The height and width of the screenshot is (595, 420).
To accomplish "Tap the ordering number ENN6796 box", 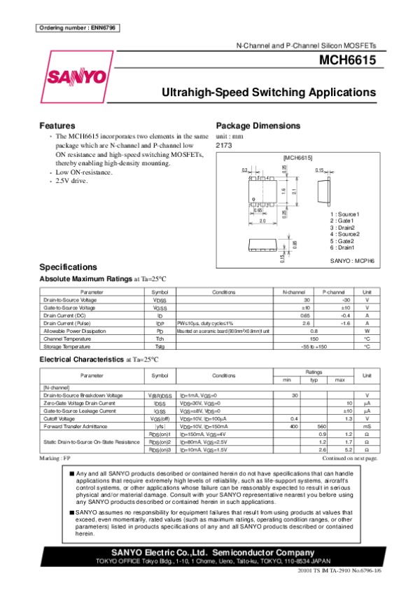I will (x=77, y=27).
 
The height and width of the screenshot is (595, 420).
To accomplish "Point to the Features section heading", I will (x=57, y=125).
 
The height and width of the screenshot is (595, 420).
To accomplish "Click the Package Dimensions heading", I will (x=258, y=125).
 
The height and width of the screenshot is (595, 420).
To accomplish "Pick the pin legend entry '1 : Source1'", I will (x=344, y=214).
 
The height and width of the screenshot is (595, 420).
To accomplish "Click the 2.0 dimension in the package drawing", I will (x=262, y=221).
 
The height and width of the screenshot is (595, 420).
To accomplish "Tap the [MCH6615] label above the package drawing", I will (x=297, y=158).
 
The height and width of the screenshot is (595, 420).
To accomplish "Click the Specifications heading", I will (x=68, y=267).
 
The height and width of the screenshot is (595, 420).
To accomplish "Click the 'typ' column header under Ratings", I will (x=314, y=379).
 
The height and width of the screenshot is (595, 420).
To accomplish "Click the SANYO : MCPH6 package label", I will (x=353, y=260).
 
